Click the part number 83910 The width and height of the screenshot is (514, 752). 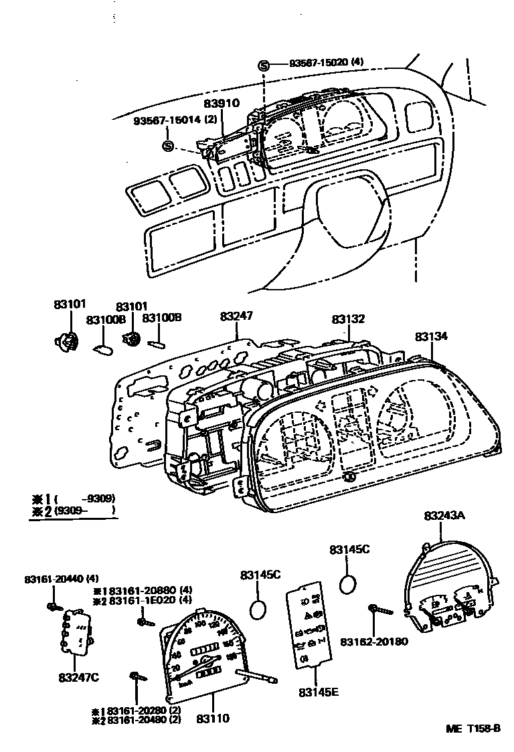[221, 106]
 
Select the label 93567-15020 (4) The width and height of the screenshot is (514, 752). [326, 63]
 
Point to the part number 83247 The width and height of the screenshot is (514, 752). [238, 314]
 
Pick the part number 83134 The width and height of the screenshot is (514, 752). [431, 337]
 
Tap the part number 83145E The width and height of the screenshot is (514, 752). [319, 692]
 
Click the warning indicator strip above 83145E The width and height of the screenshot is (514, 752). [307, 628]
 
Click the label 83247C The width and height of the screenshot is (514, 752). [78, 678]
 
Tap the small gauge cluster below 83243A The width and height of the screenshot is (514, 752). [448, 612]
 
